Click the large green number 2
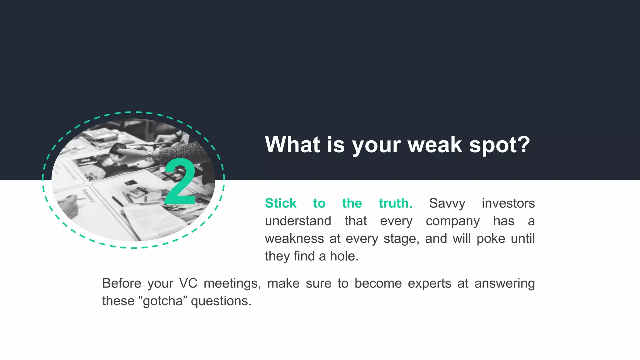coord(180,182)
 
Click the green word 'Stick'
coord(280,203)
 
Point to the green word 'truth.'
coord(395,203)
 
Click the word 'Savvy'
coord(447,203)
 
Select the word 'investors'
coord(508,203)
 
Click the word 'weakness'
coord(294,239)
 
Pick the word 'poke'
coord(491,239)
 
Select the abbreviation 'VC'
coord(188,283)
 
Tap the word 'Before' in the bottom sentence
coord(122,283)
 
